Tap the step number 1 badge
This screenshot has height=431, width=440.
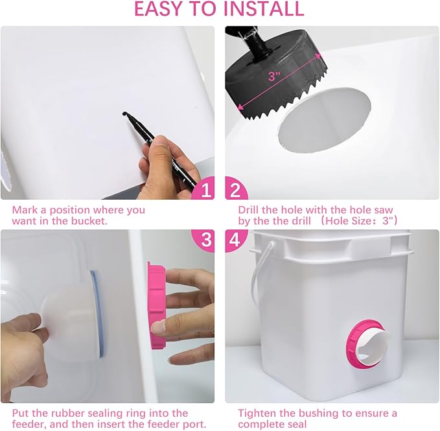click(x=205, y=189)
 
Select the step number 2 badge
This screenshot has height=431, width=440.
click(x=236, y=189)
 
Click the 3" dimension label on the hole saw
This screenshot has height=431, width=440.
click(x=274, y=76)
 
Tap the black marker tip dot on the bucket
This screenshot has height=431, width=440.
click(x=124, y=113)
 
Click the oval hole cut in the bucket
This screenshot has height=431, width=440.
click(x=325, y=120)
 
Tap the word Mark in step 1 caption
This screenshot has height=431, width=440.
click(x=25, y=209)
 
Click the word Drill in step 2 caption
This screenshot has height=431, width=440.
click(x=250, y=209)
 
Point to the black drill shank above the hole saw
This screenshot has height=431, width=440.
click(x=253, y=42)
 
